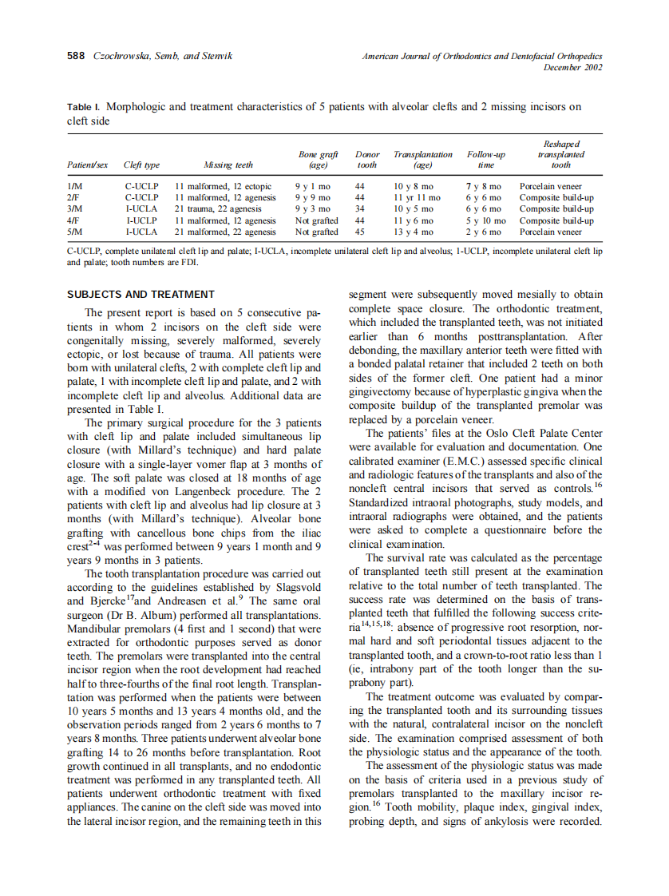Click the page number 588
click(77, 57)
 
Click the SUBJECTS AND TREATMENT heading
click(141, 294)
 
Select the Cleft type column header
click(141, 165)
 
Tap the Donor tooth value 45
click(360, 232)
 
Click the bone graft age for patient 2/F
click(312, 198)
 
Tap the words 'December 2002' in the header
click(572, 68)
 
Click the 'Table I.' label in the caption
click(84, 106)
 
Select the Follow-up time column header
click(485, 160)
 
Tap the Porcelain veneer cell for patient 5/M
click(551, 232)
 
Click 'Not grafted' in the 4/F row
click(316, 220)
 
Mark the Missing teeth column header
click(228, 165)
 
